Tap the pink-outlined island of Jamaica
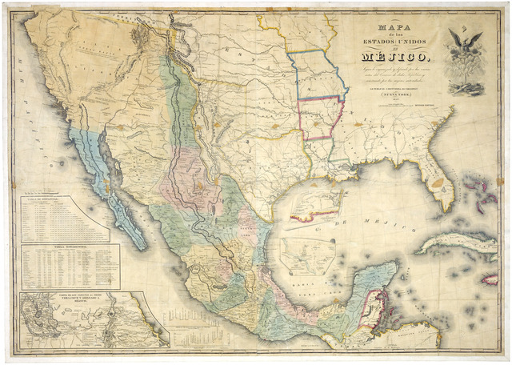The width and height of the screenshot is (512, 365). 489,278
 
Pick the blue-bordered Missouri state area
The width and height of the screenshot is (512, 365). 316,76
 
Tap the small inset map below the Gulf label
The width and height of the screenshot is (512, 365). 308,255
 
